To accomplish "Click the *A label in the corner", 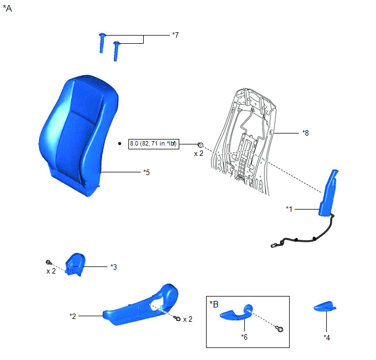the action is [x=8, y=8].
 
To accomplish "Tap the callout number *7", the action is [x=175, y=35].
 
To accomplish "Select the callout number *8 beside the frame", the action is [x=305, y=133].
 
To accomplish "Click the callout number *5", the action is [x=146, y=172].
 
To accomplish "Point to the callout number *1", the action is [x=289, y=209].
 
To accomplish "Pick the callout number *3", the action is [x=114, y=267].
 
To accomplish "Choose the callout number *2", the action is [x=73, y=316].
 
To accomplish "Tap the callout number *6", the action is [x=244, y=337].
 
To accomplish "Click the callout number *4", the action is [x=327, y=338].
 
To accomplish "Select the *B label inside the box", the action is [x=214, y=304].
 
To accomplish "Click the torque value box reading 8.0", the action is [x=154, y=144].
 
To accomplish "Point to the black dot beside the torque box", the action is [x=120, y=143].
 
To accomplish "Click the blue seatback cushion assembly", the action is [x=78, y=135].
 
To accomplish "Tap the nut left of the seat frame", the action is [x=201, y=145].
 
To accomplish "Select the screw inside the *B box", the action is [x=280, y=329].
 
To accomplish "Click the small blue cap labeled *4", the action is [x=325, y=306].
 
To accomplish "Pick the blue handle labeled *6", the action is [x=236, y=313].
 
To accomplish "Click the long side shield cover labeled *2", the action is [x=142, y=305].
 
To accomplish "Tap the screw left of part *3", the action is [x=49, y=262].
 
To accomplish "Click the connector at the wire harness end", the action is [x=273, y=246].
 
